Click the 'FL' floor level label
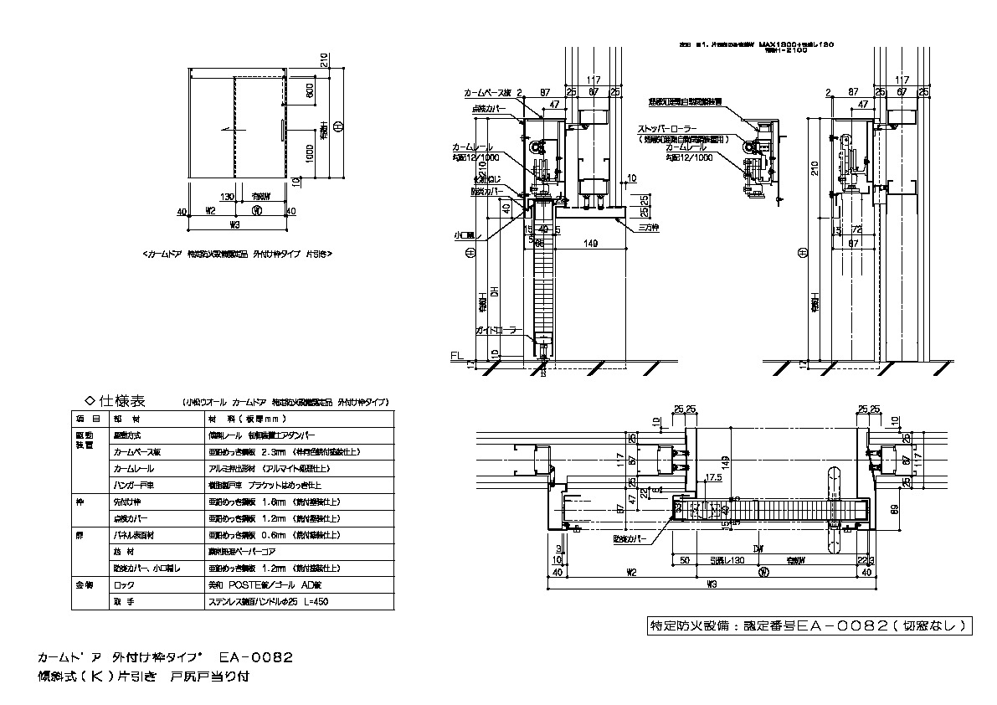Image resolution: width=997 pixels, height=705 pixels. pyautogui.click(x=456, y=357)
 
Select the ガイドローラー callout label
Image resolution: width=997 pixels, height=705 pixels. pyautogui.click(x=500, y=331)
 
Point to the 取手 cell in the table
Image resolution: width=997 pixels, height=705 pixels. pyautogui.click(x=123, y=601)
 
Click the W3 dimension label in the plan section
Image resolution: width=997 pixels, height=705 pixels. pyautogui.click(x=713, y=583)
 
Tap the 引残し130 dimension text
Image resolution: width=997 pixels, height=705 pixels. pyautogui.click(x=724, y=560)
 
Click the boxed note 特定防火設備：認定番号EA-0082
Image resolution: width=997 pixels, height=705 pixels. pyautogui.click(x=810, y=625)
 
